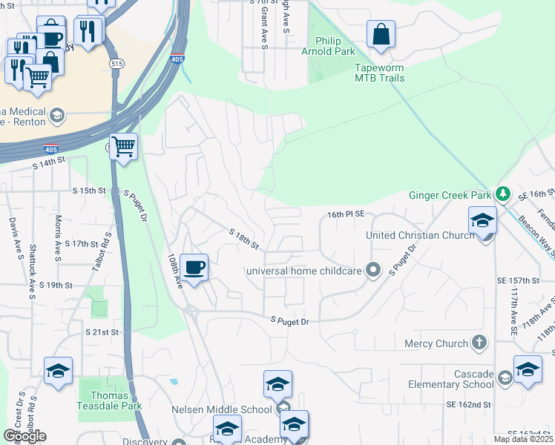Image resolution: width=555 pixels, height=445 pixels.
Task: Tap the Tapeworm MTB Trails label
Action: coord(379,72)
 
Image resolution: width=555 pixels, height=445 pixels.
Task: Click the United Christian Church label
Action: coord(421,235)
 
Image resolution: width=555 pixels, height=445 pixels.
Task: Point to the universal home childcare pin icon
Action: coord(373,270)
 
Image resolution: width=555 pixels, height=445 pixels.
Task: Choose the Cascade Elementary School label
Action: coord(451,379)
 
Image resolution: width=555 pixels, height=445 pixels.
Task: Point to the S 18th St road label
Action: coord(244,239)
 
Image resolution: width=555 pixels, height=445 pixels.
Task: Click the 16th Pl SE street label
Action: coord(345,214)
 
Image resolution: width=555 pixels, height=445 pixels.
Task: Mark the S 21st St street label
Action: coord(102,332)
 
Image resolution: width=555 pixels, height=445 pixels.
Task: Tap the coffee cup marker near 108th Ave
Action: coord(194,266)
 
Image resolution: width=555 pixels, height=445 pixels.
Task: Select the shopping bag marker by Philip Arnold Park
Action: coord(381,33)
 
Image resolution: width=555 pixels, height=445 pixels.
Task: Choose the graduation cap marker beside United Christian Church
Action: coord(482,221)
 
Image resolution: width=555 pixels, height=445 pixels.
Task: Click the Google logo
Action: coord(25,436)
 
